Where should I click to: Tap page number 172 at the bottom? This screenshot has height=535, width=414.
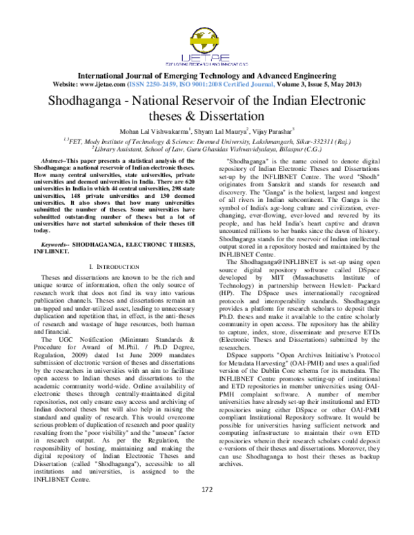206,509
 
